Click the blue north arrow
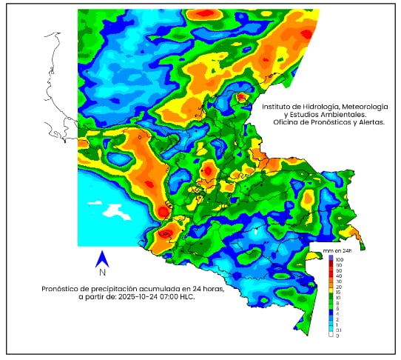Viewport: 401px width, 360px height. pos(104,259)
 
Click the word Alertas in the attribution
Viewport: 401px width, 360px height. pos(368,122)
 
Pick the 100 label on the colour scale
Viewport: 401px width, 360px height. pos(340,260)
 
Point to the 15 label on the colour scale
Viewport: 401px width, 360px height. pos(338,292)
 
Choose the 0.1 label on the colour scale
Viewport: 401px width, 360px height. pos(339,330)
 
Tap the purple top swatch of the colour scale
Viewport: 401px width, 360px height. pos(329,259)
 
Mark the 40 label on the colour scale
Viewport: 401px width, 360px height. pos(338,276)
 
